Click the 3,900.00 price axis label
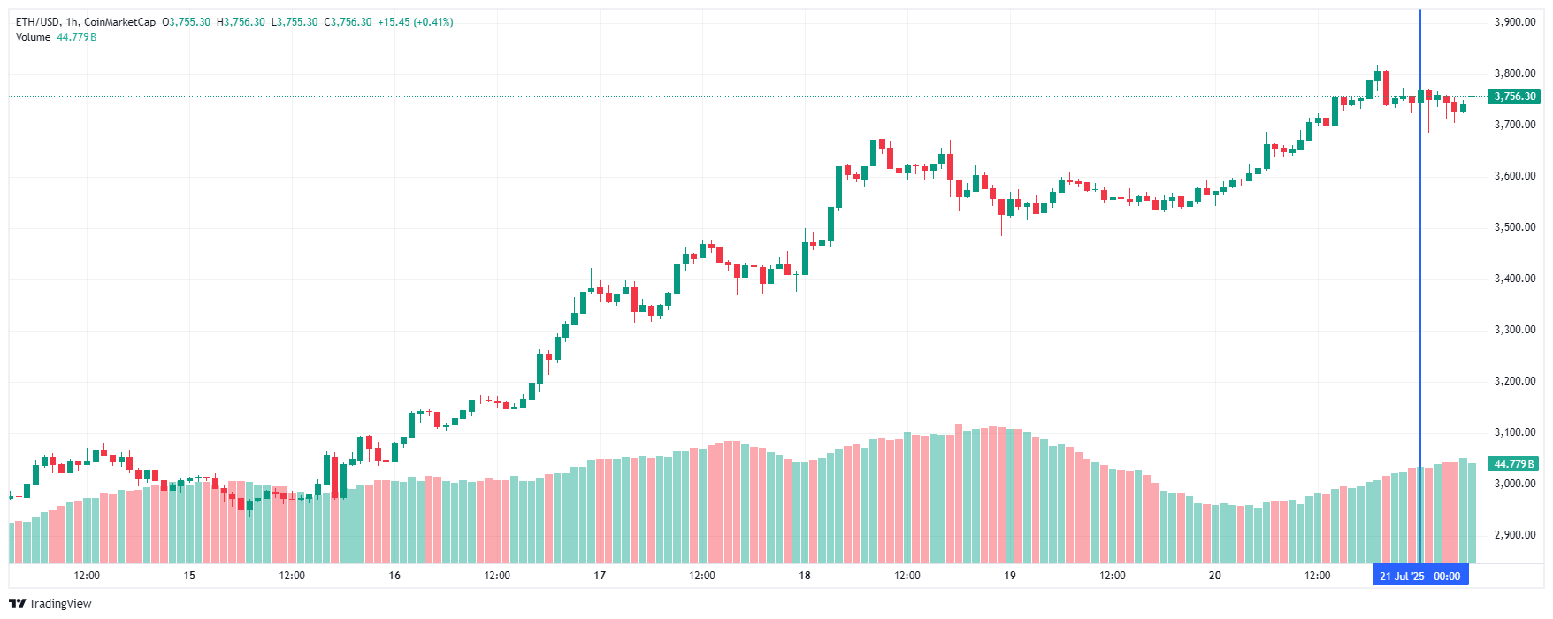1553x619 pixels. [1514, 22]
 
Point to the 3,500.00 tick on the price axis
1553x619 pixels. [1514, 227]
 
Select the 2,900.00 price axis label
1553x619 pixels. [1514, 535]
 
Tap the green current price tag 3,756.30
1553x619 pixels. [1514, 96]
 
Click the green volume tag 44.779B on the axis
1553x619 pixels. [1514, 464]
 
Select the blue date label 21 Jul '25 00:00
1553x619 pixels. [1419, 576]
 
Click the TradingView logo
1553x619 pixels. [50, 603]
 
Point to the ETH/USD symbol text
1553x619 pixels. [38, 22]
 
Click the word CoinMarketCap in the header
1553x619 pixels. [119, 22]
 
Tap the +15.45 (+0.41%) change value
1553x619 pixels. [415, 22]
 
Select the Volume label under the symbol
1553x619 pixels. [33, 37]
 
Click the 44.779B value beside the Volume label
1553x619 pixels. [77, 37]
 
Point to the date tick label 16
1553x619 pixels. [394, 576]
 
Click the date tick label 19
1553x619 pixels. [1010, 576]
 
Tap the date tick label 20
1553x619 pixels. [1215, 576]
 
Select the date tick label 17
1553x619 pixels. [600, 576]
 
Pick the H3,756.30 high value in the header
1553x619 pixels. [241, 22]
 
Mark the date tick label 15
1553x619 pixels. [189, 576]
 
